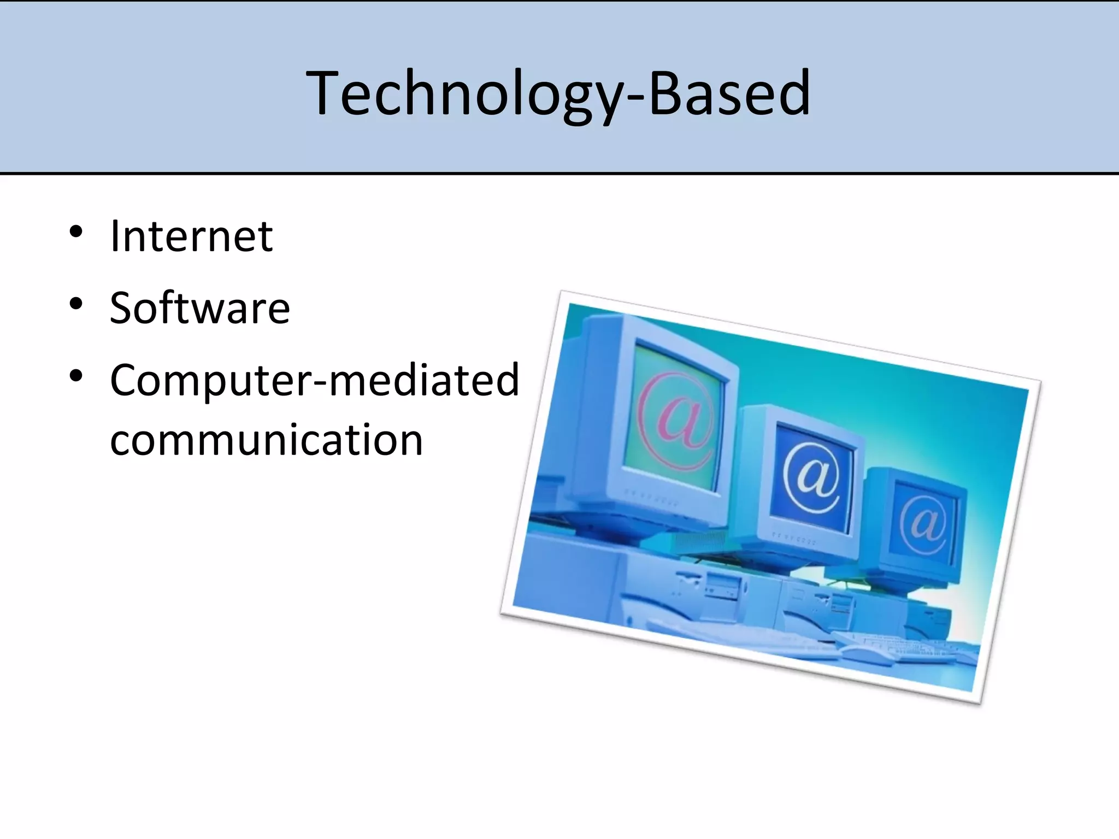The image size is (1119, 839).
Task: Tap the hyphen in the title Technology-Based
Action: pos(635,98)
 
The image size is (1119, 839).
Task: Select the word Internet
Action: pos(191,237)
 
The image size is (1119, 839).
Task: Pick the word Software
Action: pos(200,309)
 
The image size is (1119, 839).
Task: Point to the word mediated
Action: pos(423,380)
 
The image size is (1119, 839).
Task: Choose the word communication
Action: pos(267,440)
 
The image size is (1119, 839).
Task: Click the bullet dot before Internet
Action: pos(76,232)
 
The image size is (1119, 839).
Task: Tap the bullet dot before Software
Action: pos(76,304)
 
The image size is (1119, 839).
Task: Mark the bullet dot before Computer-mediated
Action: pos(76,376)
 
